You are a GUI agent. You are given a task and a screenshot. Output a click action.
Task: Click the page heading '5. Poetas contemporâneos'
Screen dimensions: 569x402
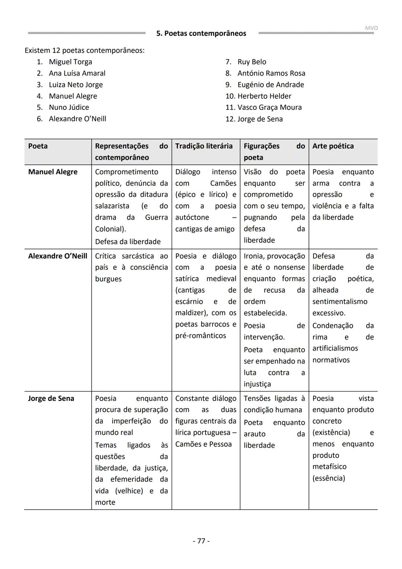click(201, 34)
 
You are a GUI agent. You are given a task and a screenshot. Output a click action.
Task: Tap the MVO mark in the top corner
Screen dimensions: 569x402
click(371, 28)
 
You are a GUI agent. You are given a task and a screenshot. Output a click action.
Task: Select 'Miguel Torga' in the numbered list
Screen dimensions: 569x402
click(70, 62)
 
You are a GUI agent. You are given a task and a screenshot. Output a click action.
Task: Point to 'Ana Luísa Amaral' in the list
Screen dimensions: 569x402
click(77, 73)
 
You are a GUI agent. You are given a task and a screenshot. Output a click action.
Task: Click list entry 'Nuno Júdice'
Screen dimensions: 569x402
click(69, 107)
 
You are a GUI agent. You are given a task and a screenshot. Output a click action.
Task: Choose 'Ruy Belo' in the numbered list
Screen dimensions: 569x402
click(252, 62)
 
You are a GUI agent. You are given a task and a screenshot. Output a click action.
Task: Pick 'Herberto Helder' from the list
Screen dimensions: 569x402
click(264, 96)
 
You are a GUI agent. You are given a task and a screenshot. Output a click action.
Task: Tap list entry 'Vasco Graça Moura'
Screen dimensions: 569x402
click(269, 107)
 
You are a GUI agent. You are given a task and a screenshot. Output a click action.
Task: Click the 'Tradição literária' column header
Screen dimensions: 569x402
click(204, 146)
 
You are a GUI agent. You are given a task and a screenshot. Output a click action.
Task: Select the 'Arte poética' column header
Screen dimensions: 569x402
click(333, 146)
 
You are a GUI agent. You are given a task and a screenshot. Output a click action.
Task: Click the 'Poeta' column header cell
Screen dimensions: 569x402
click(38, 146)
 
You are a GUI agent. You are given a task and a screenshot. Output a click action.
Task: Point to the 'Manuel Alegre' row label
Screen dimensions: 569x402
click(53, 172)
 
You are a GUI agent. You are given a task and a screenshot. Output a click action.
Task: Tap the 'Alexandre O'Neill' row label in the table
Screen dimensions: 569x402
click(58, 256)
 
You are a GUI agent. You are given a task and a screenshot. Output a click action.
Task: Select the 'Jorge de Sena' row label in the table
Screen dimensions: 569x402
click(51, 399)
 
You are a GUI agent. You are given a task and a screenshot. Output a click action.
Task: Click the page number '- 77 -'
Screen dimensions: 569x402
click(201, 541)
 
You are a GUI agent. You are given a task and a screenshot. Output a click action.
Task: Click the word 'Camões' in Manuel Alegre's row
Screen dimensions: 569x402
click(223, 183)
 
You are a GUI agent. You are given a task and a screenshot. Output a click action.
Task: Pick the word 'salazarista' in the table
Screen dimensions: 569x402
click(112, 206)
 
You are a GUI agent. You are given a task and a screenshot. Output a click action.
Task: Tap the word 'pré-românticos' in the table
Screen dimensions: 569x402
click(201, 336)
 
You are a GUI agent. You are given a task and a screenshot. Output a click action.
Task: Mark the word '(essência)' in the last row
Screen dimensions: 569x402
click(329, 478)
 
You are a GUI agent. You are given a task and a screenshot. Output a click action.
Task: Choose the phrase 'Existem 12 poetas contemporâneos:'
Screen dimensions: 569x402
click(84, 50)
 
